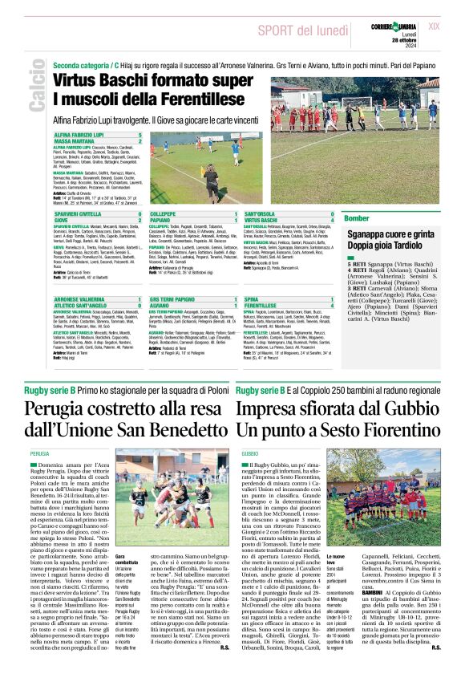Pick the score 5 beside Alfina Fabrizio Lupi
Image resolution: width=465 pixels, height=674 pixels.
click(139, 136)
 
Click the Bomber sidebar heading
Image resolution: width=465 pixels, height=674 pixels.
click(357, 218)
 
